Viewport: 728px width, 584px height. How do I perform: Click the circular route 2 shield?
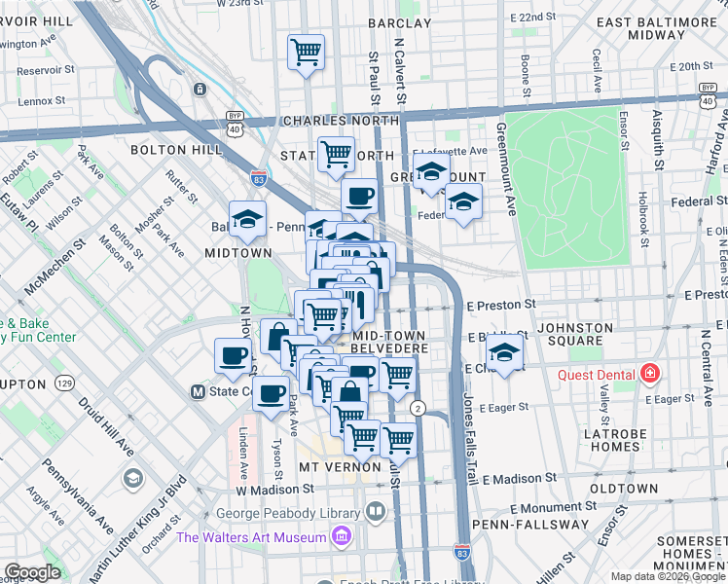tap(418, 407)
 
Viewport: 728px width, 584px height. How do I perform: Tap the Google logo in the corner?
tap(32, 572)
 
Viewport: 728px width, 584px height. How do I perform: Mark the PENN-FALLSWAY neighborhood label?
tap(513, 525)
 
